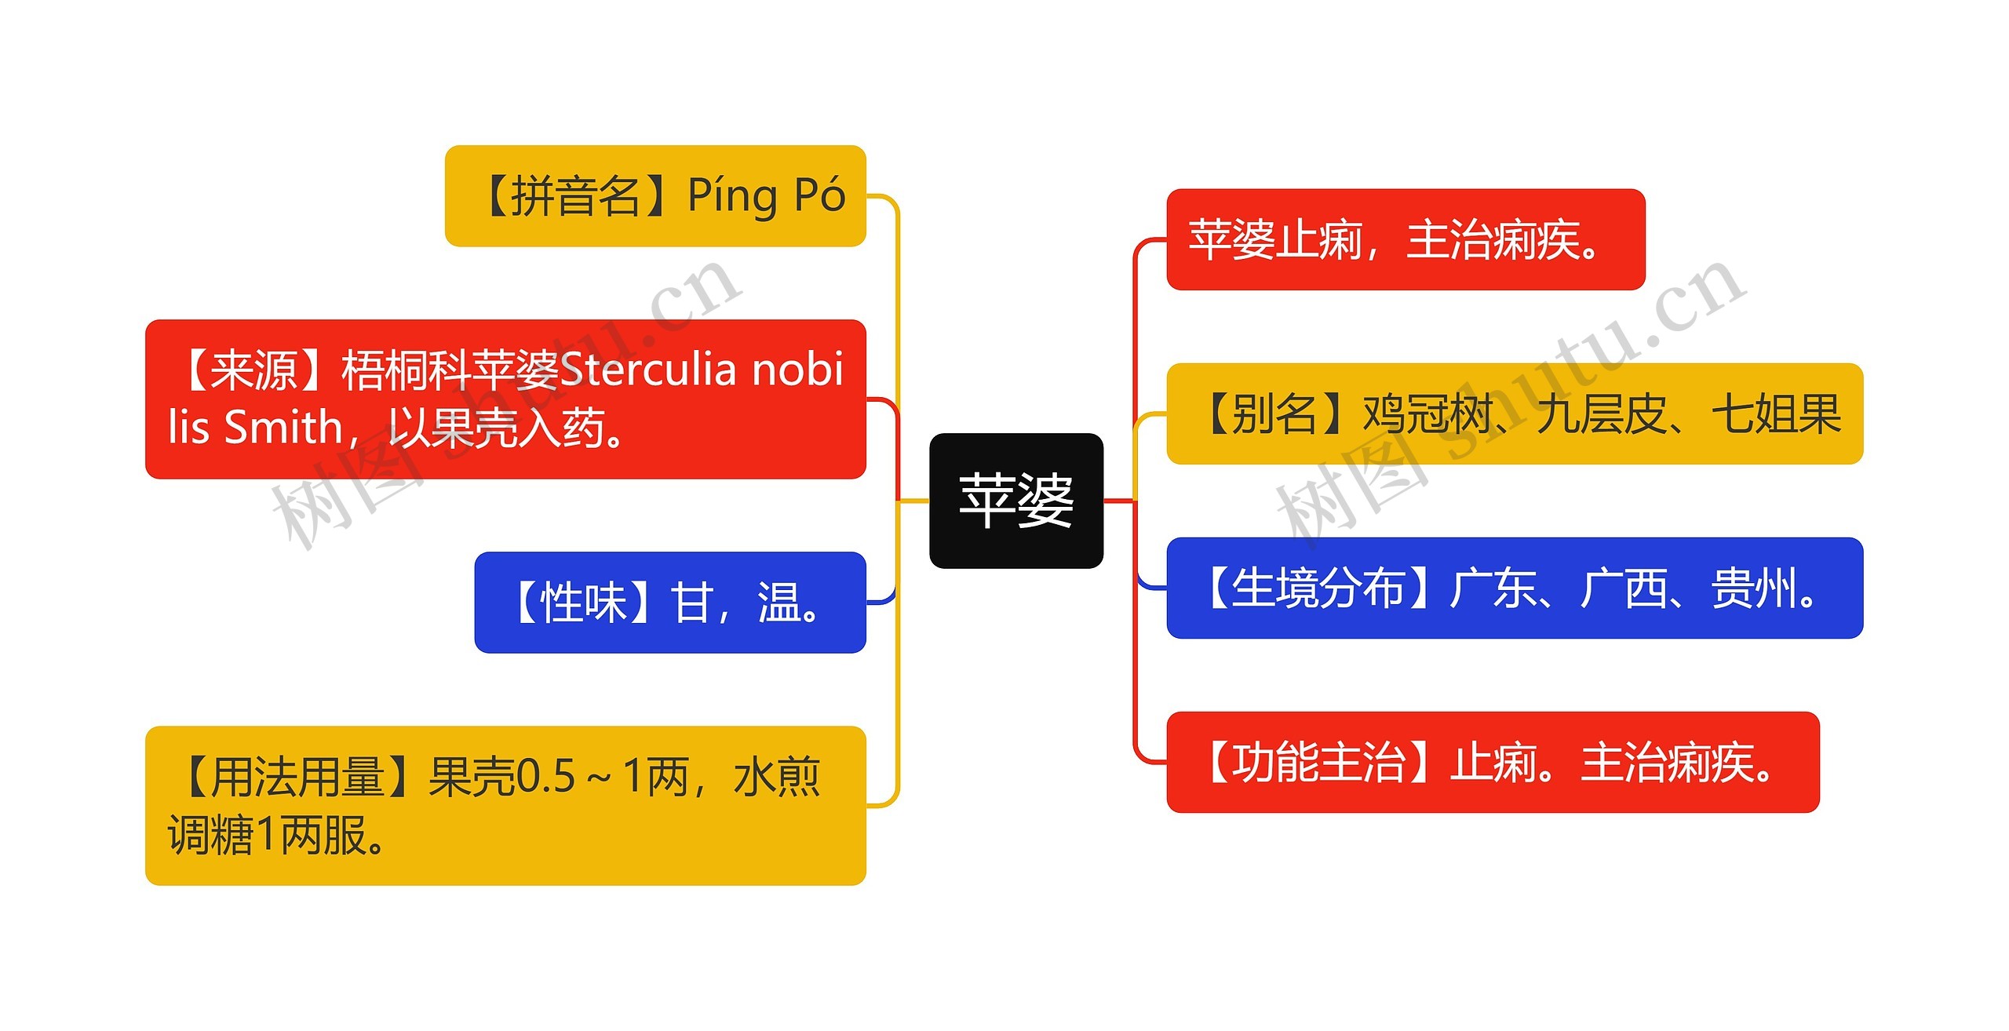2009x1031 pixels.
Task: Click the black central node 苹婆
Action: [x=1016, y=501]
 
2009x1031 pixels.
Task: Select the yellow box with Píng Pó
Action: [x=655, y=195]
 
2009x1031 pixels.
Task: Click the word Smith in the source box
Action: [x=283, y=428]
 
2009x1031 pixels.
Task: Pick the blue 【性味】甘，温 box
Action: [x=670, y=603]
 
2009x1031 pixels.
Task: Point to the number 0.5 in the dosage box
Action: [x=546, y=777]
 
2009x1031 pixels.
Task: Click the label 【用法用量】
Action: [x=297, y=777]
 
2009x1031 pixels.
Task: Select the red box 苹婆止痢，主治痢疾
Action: [x=1406, y=239]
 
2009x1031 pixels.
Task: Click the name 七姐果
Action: [x=1776, y=413]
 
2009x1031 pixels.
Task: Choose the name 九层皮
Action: [x=1601, y=413]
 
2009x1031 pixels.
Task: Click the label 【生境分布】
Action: [x=1318, y=588]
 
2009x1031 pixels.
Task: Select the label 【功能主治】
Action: [x=1318, y=763]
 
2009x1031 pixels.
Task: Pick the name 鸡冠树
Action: [x=1427, y=413]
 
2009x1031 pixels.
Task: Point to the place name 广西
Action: [x=1624, y=588]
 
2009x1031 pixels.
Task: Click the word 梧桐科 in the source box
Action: [x=407, y=370]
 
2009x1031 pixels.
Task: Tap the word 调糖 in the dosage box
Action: [x=211, y=834]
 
